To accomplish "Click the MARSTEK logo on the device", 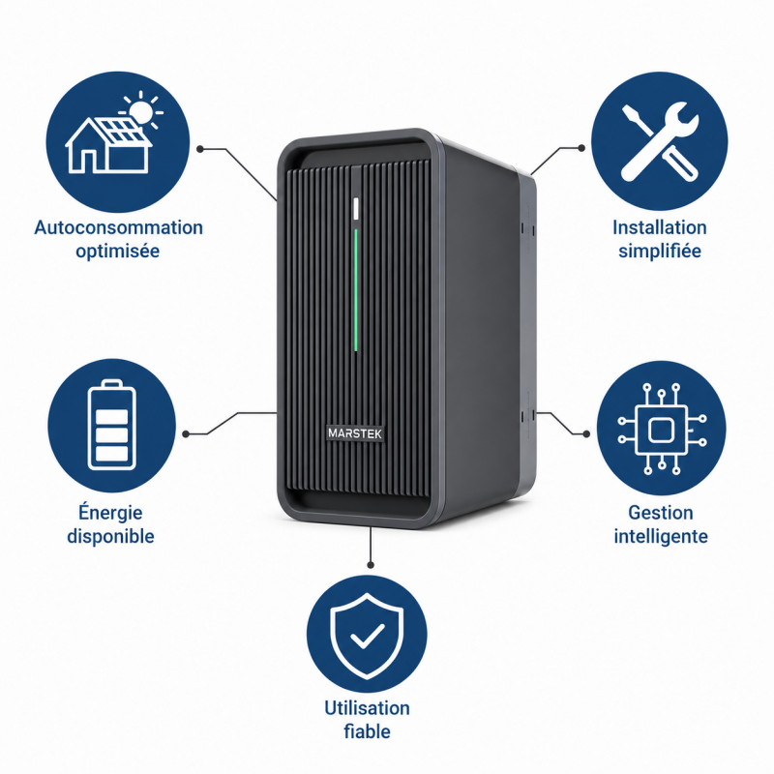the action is tap(355, 432).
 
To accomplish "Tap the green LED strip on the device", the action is tap(355, 290).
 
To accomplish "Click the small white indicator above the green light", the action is tap(356, 208).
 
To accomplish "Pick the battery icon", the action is tap(111, 425).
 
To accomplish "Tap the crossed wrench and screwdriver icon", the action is tap(660, 140).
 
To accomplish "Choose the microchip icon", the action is tap(662, 429).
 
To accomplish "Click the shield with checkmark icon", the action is tap(367, 636).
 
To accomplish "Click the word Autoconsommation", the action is tap(118, 227).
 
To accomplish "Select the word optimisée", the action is tap(117, 251).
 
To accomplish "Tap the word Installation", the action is tap(660, 227).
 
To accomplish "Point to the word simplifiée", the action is tap(660, 251).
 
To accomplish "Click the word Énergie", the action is tap(110, 512).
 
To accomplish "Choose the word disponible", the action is tap(110, 536).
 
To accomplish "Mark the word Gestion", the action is tap(661, 513).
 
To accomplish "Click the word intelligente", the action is tap(661, 536).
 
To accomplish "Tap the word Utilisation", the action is tap(367, 708).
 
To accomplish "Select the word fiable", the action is tap(367, 731).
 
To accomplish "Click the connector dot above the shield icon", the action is tap(371, 565).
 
